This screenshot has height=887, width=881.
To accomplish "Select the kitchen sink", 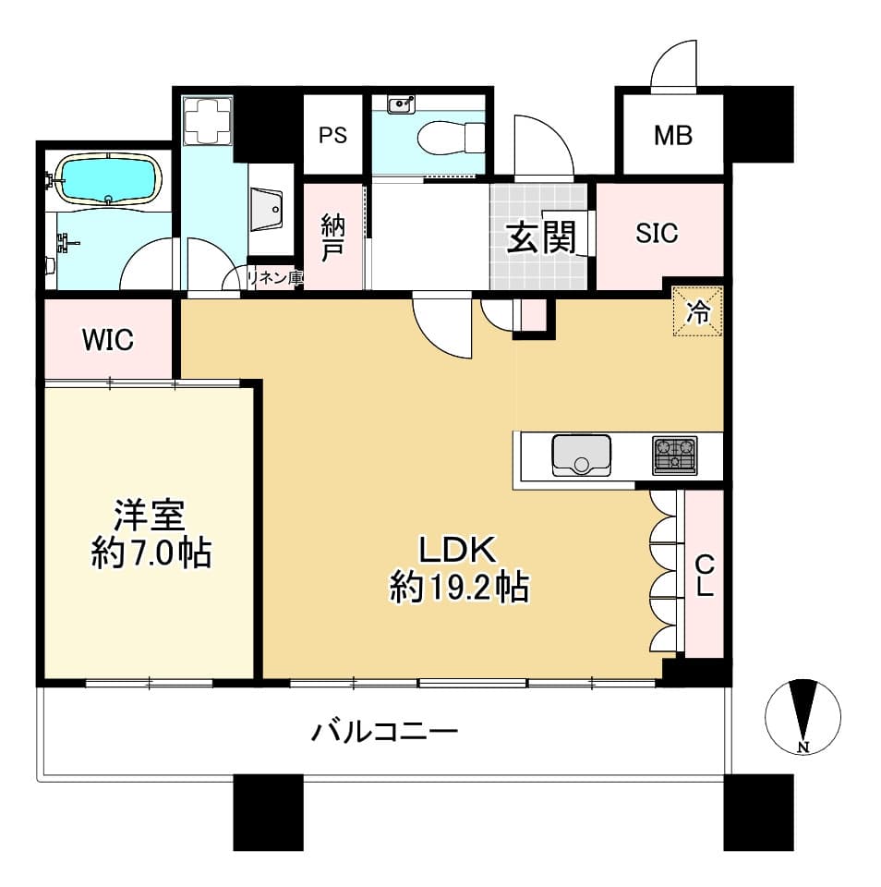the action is (581, 455).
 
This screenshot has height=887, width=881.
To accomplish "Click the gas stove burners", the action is (675, 455).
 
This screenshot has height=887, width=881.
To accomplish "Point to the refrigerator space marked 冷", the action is (698, 311).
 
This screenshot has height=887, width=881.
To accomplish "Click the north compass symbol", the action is (803, 717).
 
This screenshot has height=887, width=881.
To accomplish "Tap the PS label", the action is (332, 135).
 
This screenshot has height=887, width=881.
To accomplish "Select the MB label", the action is (673, 135).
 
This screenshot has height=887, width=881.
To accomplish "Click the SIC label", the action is (657, 233).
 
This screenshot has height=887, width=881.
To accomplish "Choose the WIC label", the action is (108, 340).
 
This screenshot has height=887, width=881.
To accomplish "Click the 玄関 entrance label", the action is (541, 237).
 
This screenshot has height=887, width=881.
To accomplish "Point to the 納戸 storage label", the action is (333, 238).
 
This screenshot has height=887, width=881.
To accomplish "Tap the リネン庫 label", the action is (275, 278).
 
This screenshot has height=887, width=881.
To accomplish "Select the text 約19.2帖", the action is (459, 588).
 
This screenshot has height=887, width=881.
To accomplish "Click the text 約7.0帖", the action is (151, 553).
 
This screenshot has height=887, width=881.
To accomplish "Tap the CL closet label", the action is (704, 575).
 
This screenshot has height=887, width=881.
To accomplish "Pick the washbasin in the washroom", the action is (266, 210).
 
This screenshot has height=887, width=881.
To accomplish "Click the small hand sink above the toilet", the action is (402, 104).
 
